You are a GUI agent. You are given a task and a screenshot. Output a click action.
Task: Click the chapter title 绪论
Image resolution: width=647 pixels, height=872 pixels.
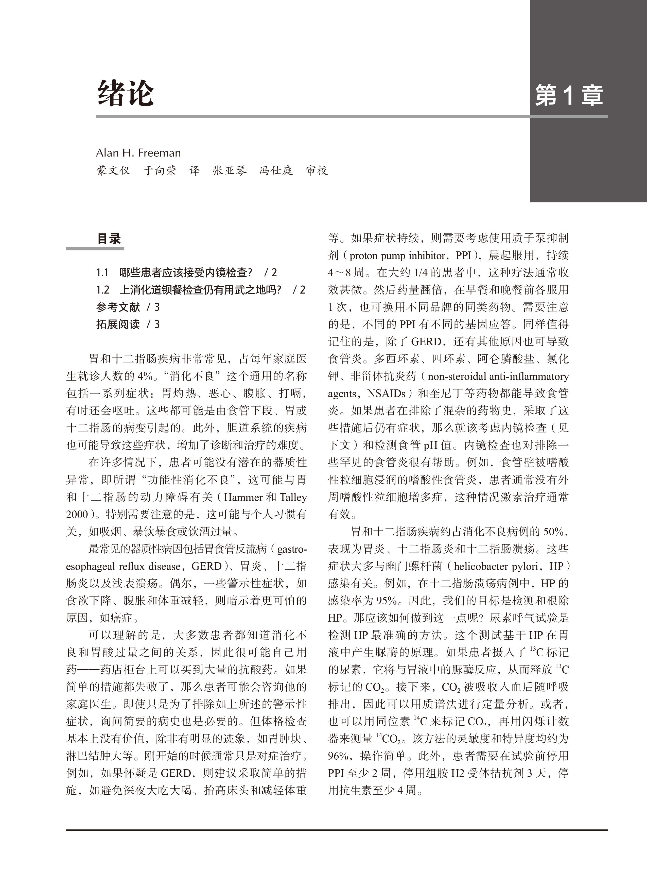[x=125, y=93]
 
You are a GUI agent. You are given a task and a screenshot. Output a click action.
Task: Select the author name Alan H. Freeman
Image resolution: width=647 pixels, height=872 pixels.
[x=138, y=153]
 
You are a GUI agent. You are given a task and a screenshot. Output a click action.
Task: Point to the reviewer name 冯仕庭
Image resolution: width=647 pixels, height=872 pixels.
[x=276, y=170]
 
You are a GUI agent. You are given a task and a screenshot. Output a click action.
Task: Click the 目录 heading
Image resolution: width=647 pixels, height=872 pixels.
[x=109, y=238]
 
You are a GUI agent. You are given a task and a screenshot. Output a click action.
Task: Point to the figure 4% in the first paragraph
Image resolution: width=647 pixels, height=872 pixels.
[x=145, y=376]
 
